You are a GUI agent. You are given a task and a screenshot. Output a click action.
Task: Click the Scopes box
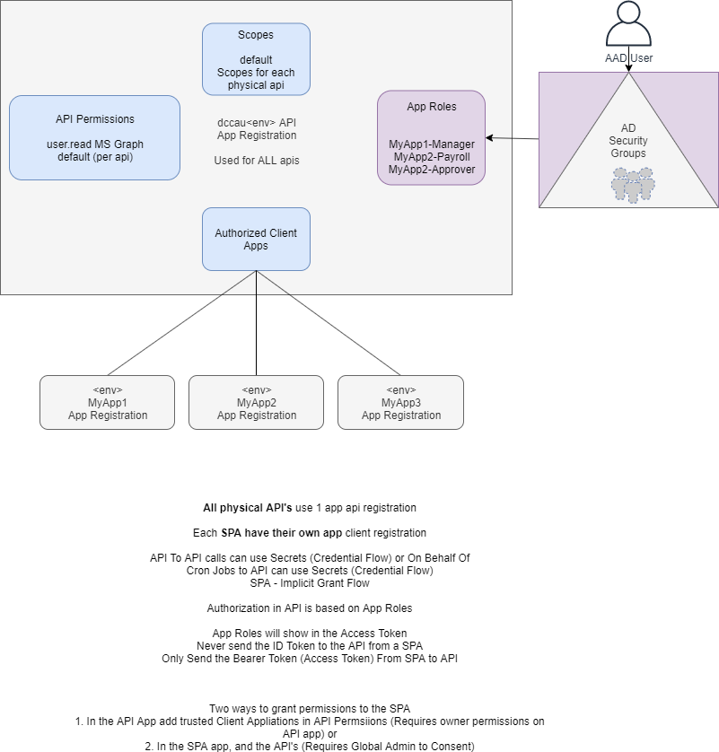point(256,59)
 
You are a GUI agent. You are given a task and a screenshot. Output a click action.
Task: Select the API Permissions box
point(94,137)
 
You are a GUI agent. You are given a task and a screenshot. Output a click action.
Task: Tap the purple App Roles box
point(431,137)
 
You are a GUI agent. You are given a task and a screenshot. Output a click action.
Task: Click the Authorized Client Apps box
point(256,239)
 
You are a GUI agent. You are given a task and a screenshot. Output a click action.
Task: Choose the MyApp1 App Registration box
point(108,402)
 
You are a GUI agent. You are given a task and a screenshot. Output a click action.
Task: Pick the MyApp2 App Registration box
point(256,402)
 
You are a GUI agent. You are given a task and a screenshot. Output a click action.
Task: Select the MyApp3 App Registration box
point(400,402)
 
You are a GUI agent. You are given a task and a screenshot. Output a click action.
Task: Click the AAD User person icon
point(628,25)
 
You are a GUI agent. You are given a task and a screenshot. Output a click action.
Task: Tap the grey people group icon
point(633,184)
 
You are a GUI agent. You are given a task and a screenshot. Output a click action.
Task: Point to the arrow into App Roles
point(512,138)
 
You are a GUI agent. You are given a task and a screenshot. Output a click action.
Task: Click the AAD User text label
point(628,58)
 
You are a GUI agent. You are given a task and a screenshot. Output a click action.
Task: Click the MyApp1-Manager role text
point(432,144)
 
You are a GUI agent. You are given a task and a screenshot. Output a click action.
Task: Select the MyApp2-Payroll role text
point(432,156)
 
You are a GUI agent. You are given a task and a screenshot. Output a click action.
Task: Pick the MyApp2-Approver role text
point(432,169)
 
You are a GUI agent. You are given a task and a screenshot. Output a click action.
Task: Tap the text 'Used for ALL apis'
point(256,161)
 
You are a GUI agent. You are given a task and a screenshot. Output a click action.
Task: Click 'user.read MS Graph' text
point(94,144)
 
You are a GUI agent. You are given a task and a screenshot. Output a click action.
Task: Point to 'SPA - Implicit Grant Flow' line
point(310,582)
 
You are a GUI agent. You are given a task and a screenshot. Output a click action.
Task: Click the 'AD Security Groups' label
point(628,141)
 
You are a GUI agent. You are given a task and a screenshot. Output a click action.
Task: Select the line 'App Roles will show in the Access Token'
point(310,634)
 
